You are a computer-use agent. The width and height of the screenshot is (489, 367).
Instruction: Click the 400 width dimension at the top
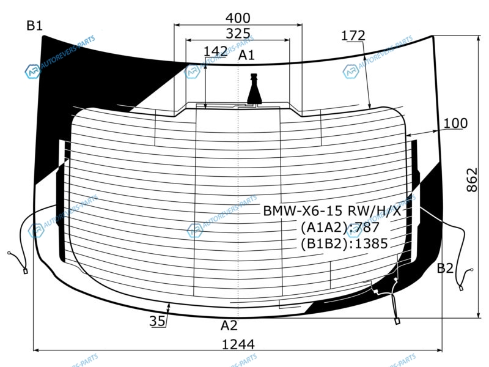238,18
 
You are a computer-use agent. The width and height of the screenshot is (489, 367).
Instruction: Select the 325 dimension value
238,34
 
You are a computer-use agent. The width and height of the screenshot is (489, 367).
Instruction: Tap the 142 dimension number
215,51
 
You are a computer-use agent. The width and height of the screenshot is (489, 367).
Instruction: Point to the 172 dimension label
353,35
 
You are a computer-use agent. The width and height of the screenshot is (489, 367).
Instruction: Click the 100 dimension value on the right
455,124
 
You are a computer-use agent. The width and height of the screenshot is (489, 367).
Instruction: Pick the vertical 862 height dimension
472,180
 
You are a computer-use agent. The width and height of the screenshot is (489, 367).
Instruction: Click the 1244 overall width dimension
238,344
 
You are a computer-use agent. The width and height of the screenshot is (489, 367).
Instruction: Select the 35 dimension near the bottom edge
157,321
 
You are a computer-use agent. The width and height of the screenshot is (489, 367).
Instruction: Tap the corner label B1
34,26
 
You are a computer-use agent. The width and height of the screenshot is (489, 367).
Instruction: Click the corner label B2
445,268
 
